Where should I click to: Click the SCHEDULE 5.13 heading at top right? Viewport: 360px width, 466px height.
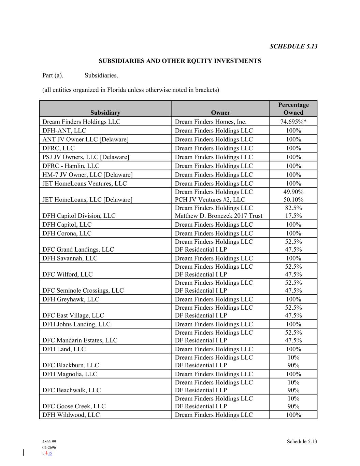(293, 46)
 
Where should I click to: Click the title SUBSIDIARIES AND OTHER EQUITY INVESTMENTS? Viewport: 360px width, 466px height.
(180, 61)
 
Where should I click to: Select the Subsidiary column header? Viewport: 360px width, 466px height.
(105, 113)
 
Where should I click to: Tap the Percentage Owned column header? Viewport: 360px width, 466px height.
(293, 109)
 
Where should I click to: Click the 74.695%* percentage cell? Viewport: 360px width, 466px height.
(293, 122)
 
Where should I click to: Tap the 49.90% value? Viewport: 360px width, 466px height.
(293, 192)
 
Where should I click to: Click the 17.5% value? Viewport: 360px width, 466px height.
(293, 216)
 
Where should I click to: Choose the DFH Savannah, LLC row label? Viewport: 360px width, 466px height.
(70, 258)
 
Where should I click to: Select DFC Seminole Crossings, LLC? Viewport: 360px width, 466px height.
(83, 291)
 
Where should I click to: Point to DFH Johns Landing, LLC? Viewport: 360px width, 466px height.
(76, 324)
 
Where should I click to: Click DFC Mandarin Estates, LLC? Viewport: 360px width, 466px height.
(80, 340)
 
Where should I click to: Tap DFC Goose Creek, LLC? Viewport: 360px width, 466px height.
(74, 406)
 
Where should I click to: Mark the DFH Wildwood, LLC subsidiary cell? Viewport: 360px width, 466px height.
(71, 415)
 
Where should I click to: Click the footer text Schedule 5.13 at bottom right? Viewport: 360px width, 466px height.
(302, 441)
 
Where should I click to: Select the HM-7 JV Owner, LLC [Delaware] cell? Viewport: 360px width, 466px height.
(87, 175)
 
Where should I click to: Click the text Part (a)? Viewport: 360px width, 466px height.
(53, 75)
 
